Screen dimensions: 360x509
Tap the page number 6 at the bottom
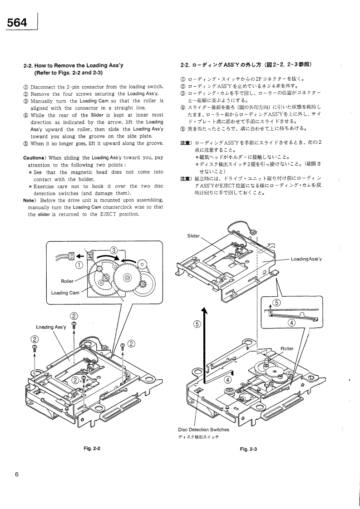16,475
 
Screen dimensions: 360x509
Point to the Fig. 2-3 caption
248,449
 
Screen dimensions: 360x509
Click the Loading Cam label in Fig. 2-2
65,293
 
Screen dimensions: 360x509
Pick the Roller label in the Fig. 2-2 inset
67,281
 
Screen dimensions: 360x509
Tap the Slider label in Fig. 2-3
193,235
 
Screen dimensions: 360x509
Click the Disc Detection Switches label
203,429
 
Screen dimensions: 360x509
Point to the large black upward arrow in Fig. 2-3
205,345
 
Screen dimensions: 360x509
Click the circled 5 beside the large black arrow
197,323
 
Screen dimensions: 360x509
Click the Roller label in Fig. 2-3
286,349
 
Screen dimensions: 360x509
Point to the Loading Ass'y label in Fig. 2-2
51,327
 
